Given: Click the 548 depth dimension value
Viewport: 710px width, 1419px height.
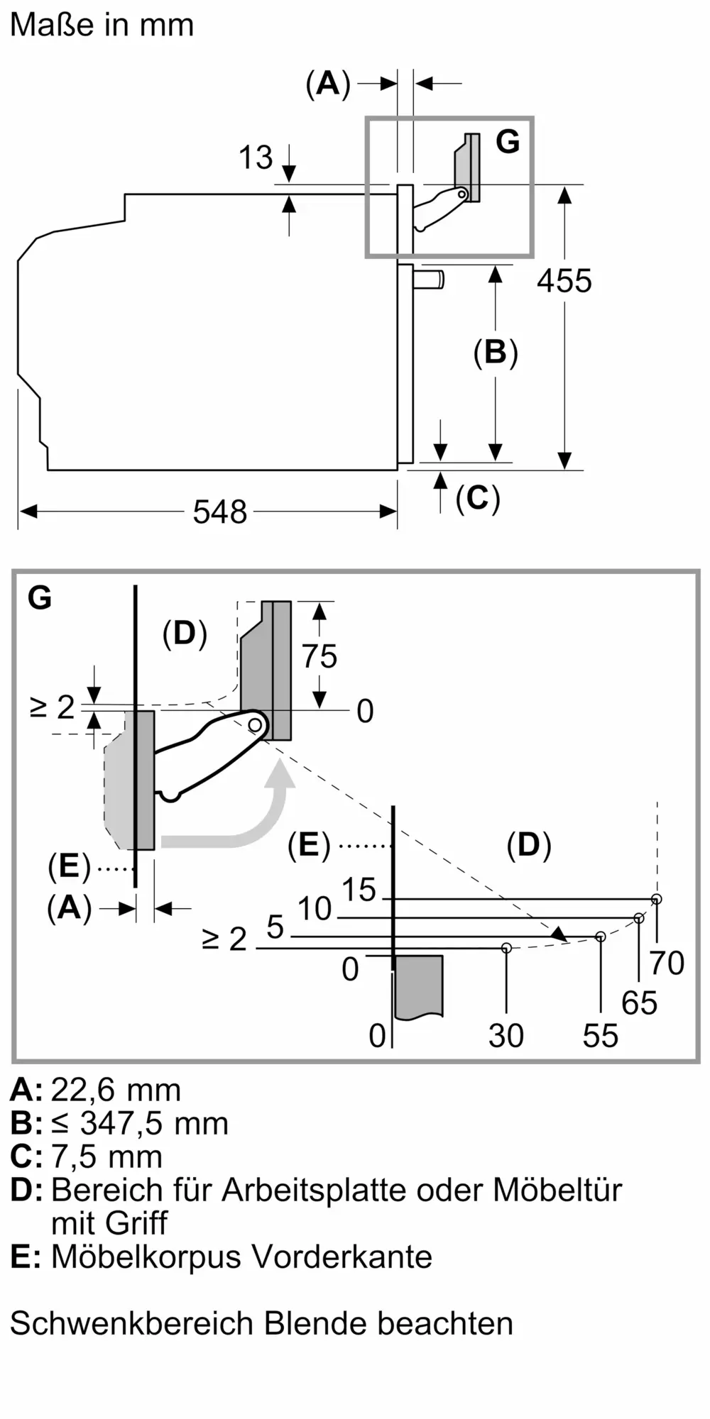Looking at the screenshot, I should click(219, 512).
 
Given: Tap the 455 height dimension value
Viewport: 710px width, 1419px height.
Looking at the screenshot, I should click(564, 282).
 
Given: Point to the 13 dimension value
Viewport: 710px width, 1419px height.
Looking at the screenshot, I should click(256, 158).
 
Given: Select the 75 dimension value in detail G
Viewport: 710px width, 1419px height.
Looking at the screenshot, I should click(319, 656).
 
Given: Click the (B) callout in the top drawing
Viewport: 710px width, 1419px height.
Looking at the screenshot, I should click(495, 353).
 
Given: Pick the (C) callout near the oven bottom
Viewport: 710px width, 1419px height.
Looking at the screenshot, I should click(478, 498).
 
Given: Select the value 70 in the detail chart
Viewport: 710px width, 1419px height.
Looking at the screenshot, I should click(667, 963).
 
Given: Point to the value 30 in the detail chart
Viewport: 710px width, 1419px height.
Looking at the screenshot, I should click(506, 1036).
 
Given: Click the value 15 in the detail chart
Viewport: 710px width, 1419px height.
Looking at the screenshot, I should click(359, 890).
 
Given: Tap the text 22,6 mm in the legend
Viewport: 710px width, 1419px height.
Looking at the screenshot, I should click(116, 1090).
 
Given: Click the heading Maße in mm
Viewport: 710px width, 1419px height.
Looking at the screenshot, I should click(102, 25).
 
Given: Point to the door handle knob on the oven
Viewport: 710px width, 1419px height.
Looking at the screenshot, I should click(430, 279).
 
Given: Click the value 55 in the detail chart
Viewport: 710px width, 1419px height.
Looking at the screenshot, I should click(601, 1036).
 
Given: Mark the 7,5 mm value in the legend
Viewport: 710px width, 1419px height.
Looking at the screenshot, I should click(106, 1156).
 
